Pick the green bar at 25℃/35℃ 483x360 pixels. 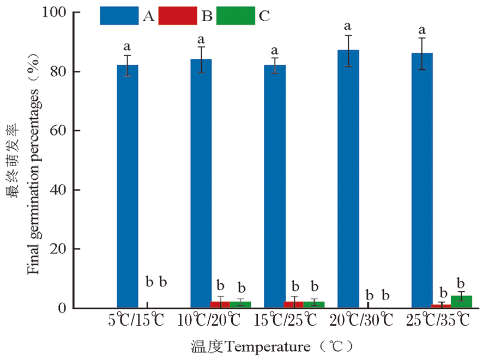(461, 302)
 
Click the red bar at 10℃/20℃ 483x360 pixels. (220, 304)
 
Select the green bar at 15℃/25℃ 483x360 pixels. (314, 304)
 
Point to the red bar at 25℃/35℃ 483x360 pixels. (442, 306)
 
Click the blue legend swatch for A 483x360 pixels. (119, 16)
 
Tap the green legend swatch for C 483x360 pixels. (236, 16)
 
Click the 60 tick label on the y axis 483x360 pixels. (58, 131)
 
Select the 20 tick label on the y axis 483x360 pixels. (58, 249)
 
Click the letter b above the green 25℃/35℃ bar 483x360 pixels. (461, 283)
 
